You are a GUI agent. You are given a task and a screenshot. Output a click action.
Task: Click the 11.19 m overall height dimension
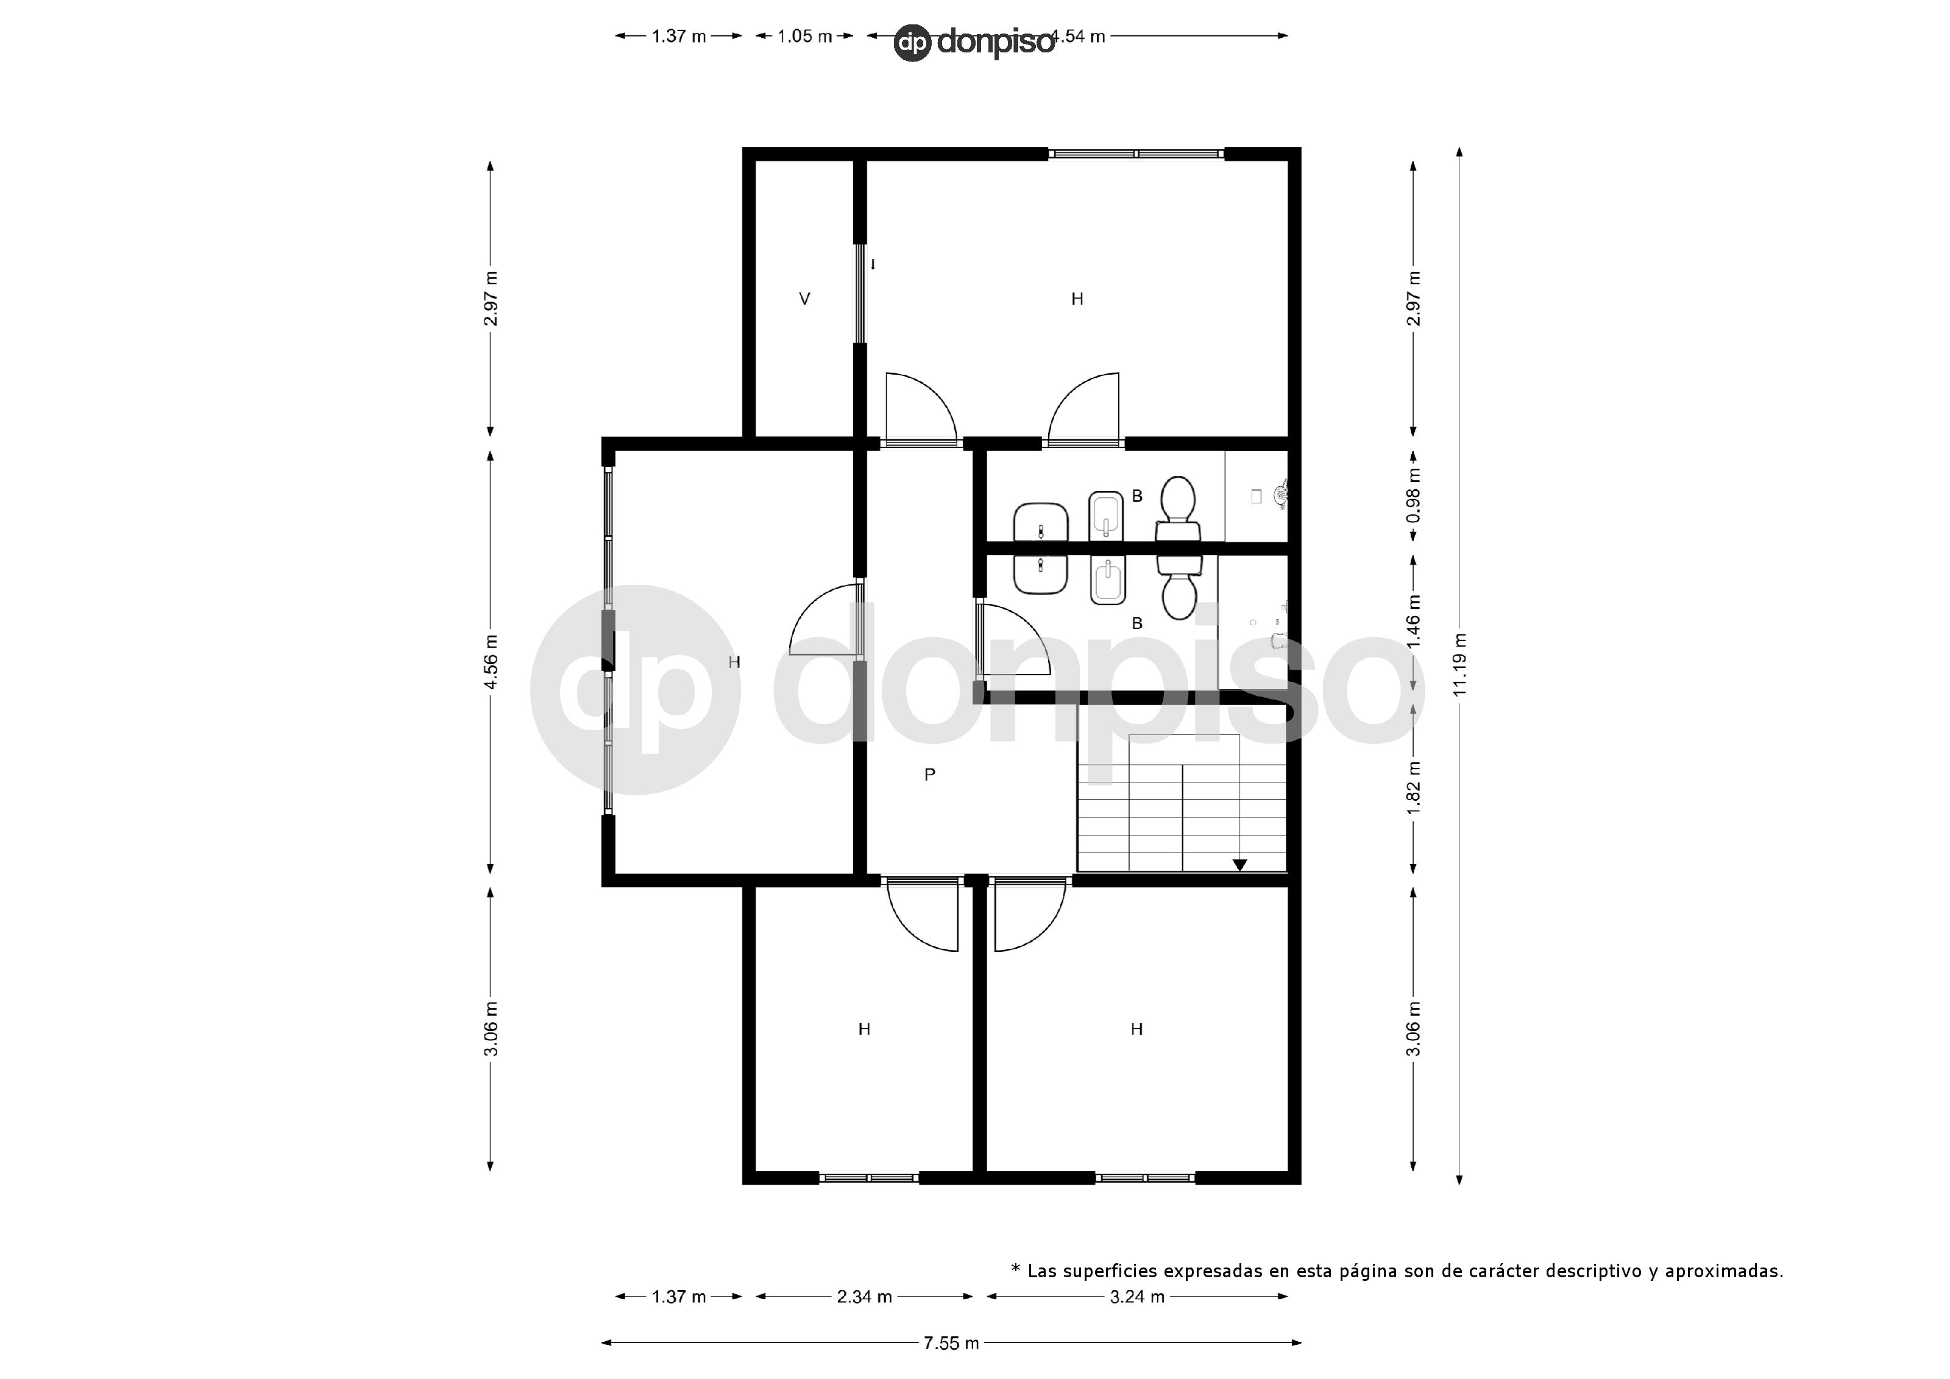point(1459,665)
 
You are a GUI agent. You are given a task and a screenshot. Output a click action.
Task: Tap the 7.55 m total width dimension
point(951,1342)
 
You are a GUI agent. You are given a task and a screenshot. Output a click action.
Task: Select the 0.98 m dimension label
point(1413,496)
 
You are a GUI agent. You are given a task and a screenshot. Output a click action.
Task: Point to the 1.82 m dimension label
point(1413,787)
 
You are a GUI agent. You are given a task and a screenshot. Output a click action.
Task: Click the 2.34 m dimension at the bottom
point(863,1297)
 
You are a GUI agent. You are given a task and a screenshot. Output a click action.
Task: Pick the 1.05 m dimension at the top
point(804,37)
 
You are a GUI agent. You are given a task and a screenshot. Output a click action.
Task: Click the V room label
point(804,299)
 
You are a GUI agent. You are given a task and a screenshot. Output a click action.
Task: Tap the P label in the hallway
point(929,775)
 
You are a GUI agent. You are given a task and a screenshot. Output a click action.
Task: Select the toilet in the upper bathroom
point(1178,508)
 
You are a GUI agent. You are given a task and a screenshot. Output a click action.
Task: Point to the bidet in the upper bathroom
point(1106,514)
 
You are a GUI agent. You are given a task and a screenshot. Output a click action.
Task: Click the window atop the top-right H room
point(1135,154)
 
